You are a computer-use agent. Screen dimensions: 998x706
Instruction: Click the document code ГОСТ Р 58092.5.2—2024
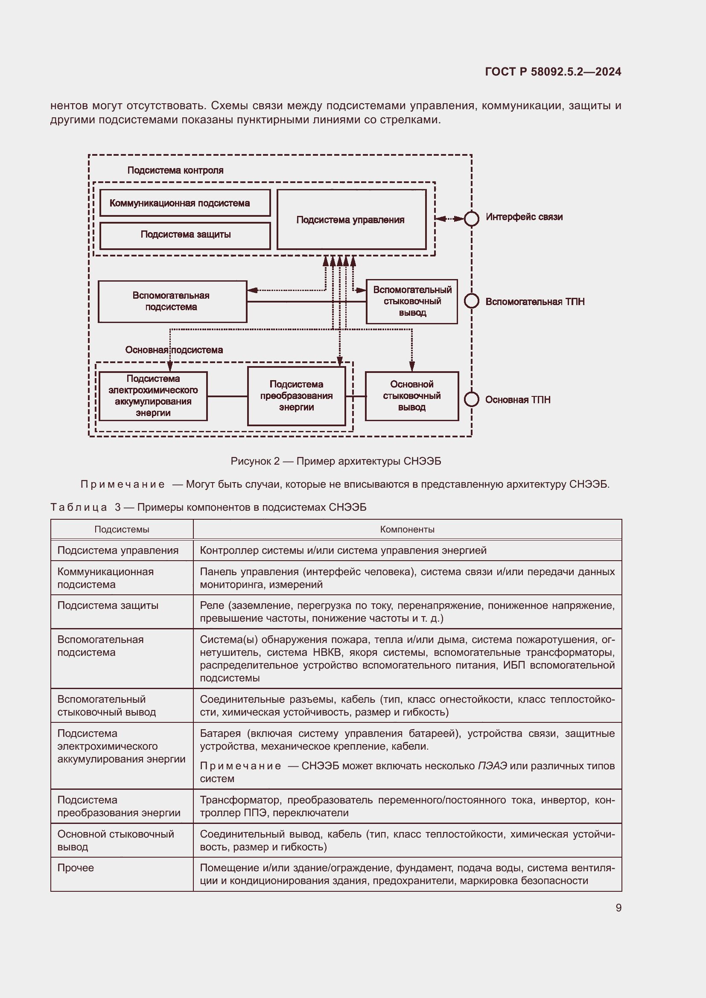coord(552,72)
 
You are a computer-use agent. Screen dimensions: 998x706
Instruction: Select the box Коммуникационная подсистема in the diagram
coord(185,203)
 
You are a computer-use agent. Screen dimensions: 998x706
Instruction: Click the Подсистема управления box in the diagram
coord(351,220)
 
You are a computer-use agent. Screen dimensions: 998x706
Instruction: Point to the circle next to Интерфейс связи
coord(472,218)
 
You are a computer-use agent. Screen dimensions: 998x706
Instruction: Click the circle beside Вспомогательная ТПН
coord(472,301)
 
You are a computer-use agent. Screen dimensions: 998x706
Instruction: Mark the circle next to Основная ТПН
coord(472,399)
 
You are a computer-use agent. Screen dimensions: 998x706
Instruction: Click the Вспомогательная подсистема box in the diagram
coord(172,301)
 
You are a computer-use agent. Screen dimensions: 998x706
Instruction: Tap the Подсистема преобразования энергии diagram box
coord(297,396)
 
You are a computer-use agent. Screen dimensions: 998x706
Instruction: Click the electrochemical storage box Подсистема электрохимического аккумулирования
coord(153,396)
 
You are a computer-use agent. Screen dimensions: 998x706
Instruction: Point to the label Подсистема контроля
coord(175,170)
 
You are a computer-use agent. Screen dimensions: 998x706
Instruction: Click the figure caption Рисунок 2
coord(335,461)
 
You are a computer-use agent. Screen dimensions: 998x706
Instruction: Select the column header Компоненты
coord(407,530)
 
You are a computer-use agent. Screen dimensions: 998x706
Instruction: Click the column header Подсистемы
coord(122,530)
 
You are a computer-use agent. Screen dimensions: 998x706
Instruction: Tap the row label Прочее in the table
coord(76,867)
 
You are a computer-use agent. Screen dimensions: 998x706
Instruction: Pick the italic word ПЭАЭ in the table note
coord(492,766)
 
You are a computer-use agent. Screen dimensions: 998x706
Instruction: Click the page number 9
coord(618,908)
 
